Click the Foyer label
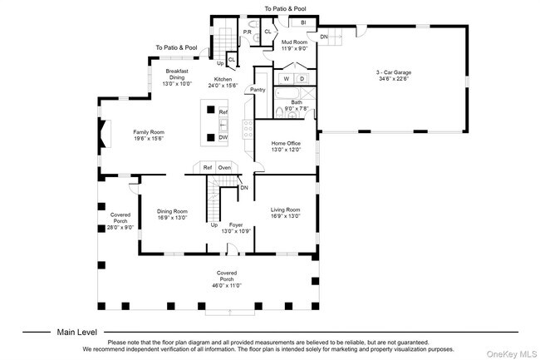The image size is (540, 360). pos(236,224)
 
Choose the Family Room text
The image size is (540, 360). pos(150,132)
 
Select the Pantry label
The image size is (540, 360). pos(257,89)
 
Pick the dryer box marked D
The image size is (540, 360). pos(302,79)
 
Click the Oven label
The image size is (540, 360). pos(224,167)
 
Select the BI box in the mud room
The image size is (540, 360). pos(303,22)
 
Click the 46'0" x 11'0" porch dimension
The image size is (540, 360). pos(228,285)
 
